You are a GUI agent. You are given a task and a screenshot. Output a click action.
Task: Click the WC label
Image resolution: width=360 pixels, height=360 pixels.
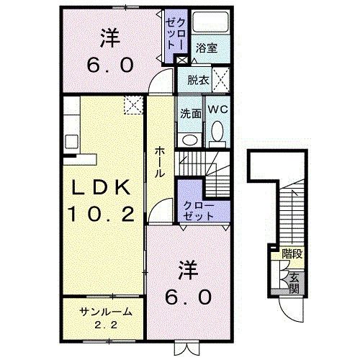pos(218,110)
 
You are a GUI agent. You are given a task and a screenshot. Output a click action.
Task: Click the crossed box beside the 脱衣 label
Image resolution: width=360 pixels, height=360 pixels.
pos(221,79)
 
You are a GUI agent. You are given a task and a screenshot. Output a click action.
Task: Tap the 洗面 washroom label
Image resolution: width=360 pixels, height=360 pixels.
pos(190,112)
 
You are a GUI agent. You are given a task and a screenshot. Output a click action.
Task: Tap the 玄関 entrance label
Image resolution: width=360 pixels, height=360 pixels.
pos(294,283)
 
